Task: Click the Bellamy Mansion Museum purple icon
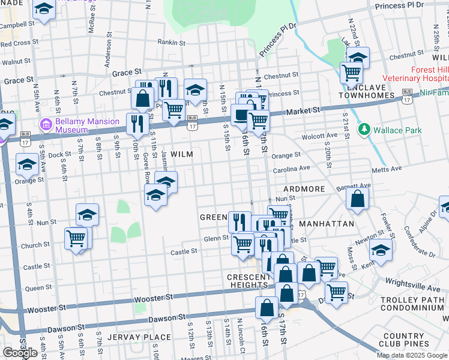(x=46, y=125)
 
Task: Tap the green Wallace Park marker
(x=363, y=130)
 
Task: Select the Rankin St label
(x=170, y=42)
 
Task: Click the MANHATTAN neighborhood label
(x=327, y=223)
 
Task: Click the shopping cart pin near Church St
(x=76, y=238)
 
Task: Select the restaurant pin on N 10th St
(x=137, y=123)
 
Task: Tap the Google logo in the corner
(x=20, y=352)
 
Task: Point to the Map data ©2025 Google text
(x=412, y=355)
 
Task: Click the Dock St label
(x=59, y=155)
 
